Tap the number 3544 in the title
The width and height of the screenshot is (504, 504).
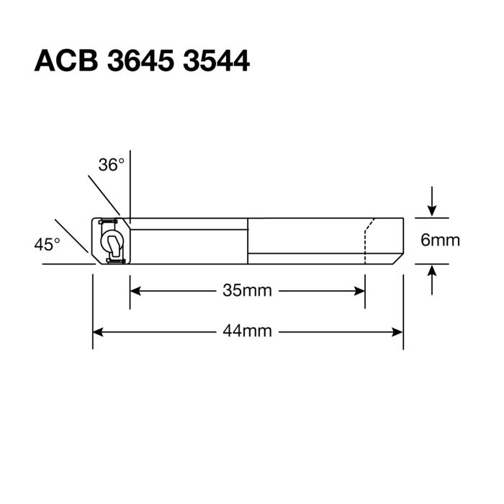click(x=215, y=61)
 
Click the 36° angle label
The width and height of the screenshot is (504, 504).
click(x=112, y=165)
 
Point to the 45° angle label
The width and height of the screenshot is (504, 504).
click(x=48, y=245)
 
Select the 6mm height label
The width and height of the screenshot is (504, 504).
click(x=440, y=240)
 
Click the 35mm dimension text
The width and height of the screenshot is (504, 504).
click(x=247, y=291)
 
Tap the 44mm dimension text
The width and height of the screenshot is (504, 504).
click(x=247, y=331)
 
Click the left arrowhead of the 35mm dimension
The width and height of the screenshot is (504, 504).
click(x=135, y=291)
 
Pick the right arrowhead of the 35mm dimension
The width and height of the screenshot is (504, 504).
click(x=360, y=291)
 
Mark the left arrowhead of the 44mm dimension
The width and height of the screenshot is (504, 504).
click(x=98, y=331)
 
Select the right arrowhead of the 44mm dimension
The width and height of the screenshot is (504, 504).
click(x=397, y=331)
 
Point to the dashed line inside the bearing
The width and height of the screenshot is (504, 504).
click(x=365, y=245)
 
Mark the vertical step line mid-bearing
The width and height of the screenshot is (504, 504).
click(x=248, y=240)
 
